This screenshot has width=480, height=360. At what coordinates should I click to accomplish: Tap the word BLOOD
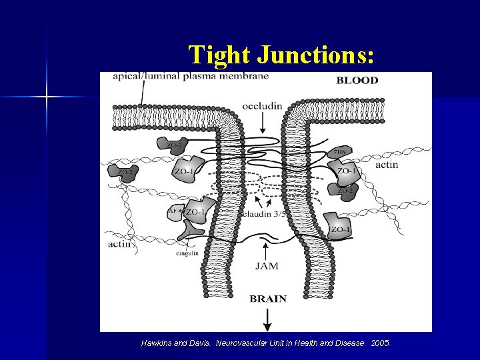[357, 81]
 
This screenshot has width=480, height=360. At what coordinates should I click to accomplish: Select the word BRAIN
[268, 299]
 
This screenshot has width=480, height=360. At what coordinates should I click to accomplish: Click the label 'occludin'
[262, 106]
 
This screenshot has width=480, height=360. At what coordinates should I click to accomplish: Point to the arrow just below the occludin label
[262, 123]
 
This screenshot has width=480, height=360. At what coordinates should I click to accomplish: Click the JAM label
[267, 266]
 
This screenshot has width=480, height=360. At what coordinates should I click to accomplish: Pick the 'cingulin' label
[187, 253]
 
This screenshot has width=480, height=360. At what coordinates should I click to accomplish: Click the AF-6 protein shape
[175, 211]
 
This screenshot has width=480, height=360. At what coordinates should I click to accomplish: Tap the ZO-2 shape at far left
[125, 173]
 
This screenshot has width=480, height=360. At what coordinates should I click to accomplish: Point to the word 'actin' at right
[387, 165]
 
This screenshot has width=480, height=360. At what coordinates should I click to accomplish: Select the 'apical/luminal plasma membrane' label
[191, 76]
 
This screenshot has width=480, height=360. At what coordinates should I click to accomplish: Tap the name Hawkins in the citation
[156, 343]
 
